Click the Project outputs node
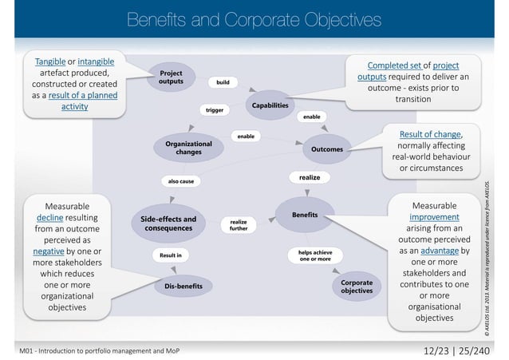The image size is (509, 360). click(x=171, y=77)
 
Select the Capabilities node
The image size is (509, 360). click(x=270, y=105)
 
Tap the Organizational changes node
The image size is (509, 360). click(x=188, y=147)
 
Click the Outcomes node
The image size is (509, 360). click(x=326, y=149)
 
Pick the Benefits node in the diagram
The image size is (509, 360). click(x=305, y=216)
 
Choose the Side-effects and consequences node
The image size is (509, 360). click(x=168, y=224)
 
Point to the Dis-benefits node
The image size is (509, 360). click(x=183, y=285)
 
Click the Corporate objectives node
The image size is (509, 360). click(x=356, y=286)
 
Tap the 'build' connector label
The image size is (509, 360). click(x=223, y=81)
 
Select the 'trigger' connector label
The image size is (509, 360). click(x=214, y=110)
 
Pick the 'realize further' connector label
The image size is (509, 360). click(x=239, y=225)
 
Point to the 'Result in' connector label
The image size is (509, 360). click(x=170, y=255)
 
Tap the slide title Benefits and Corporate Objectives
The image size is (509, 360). click(x=254, y=18)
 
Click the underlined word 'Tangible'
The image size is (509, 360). click(x=50, y=61)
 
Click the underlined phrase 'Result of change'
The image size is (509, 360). click(x=427, y=133)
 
